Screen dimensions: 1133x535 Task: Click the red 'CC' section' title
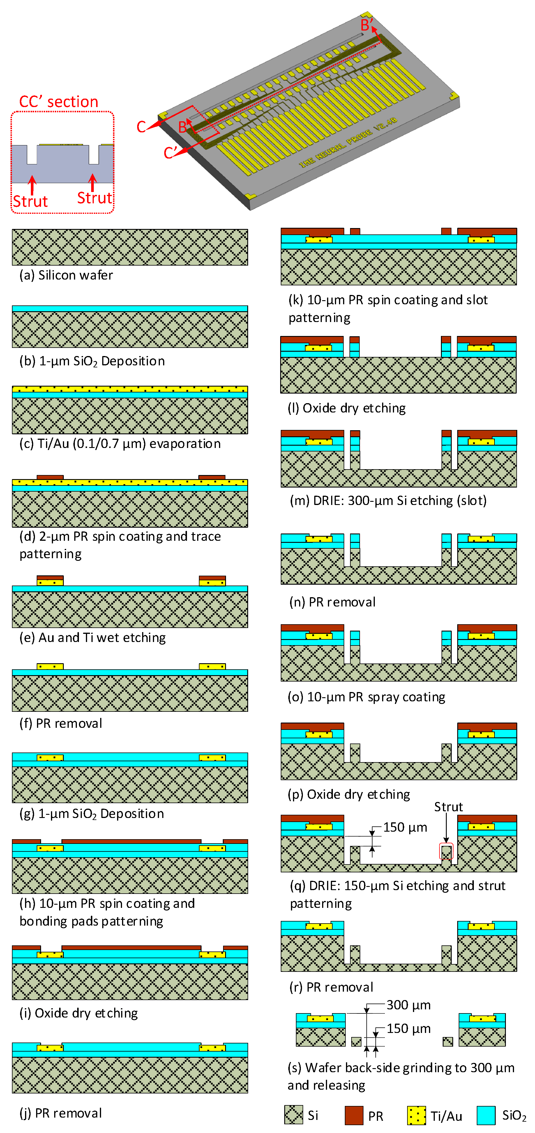(59, 102)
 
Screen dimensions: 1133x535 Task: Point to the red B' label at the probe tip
(366, 25)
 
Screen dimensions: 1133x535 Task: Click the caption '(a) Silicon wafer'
(66, 275)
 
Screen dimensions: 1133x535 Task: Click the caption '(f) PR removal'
(61, 723)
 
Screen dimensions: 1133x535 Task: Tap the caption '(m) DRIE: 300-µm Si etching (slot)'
(388, 501)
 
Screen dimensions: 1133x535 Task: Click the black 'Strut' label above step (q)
(448, 807)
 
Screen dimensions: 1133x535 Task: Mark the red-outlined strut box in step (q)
(446, 851)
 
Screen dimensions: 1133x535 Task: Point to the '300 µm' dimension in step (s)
(409, 1005)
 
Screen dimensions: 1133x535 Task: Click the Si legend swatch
(293, 1115)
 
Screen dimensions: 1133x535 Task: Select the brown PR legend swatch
(354, 1115)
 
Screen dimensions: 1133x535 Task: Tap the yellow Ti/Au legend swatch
(416, 1115)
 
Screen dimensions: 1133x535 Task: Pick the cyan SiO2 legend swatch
(486, 1115)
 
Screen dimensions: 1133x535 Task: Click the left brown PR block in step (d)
(50, 477)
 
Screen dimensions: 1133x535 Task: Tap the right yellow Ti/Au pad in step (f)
(212, 667)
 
